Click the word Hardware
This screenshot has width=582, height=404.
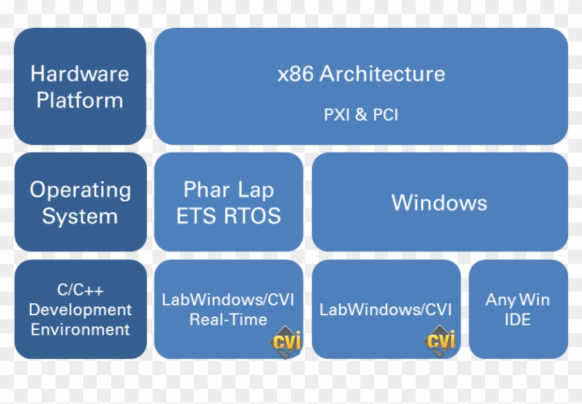click(80, 73)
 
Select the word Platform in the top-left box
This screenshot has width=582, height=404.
click(80, 100)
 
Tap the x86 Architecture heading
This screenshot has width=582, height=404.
click(361, 74)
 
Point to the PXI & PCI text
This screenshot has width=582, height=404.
click(361, 115)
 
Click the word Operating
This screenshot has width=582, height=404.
click(80, 190)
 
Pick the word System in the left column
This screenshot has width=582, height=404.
click(80, 216)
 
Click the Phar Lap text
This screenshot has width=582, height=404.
click(229, 190)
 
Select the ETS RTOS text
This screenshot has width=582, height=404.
click(229, 216)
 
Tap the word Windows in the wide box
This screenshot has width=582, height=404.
click(439, 203)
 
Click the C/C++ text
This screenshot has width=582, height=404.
click(80, 290)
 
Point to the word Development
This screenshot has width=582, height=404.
click(80, 310)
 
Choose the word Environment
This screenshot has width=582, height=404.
click(80, 329)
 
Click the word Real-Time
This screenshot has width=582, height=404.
click(228, 320)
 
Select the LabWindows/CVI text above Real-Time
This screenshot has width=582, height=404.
click(228, 300)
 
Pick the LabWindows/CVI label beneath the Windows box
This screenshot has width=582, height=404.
click(385, 310)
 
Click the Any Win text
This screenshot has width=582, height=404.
click(518, 301)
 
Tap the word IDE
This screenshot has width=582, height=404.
click(518, 320)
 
